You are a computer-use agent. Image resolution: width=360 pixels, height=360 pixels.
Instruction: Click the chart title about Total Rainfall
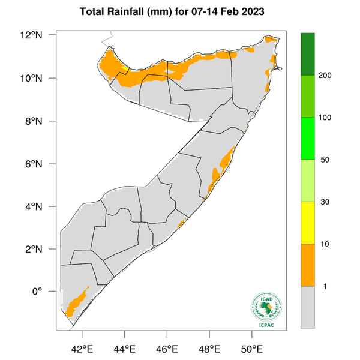(179, 11)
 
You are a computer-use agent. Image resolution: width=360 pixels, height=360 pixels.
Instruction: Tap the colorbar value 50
(324, 160)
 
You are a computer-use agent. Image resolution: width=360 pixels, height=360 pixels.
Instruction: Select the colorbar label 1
(324, 286)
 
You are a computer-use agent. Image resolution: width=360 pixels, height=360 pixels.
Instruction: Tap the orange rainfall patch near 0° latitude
(76, 302)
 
